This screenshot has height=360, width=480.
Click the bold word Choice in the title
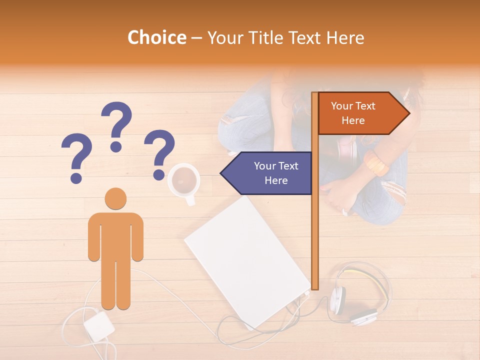tap(156, 38)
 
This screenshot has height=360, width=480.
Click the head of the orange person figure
tap(115, 198)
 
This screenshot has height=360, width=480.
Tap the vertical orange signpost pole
tap(315, 225)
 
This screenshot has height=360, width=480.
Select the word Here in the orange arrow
tap(353, 120)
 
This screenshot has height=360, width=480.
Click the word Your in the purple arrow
tap(264, 166)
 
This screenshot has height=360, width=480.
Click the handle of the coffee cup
tap(190, 200)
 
